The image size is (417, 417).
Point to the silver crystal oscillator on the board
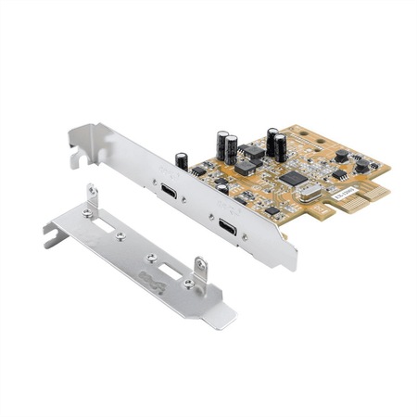308,192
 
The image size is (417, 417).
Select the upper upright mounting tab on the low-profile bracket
92,197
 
